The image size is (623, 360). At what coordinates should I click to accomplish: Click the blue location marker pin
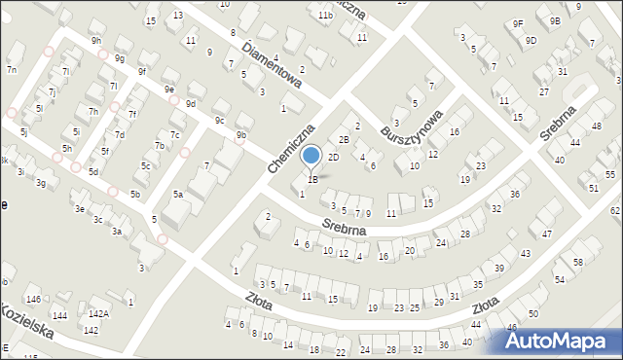pyautogui.click(x=311, y=157)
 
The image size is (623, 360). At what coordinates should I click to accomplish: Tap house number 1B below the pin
pyautogui.click(x=312, y=179)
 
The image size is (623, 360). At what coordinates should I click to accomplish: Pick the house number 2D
pyautogui.click(x=333, y=157)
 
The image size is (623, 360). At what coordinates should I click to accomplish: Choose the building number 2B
pyautogui.click(x=343, y=140)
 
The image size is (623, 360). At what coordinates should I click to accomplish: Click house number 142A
pyautogui.click(x=98, y=314)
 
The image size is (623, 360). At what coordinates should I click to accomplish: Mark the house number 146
pyautogui.click(x=33, y=299)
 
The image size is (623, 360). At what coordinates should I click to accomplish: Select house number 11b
pyautogui.click(x=325, y=16)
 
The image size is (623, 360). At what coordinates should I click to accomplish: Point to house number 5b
pyautogui.click(x=135, y=195)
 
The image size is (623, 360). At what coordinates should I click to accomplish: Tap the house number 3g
pyautogui.click(x=40, y=183)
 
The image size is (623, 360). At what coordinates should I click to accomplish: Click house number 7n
pyautogui.click(x=12, y=69)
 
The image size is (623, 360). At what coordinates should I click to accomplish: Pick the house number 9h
pyautogui.click(x=95, y=41)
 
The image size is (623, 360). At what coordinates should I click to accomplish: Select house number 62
pyautogui.click(x=615, y=210)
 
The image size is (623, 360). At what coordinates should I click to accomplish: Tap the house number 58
pyautogui.click(x=578, y=263)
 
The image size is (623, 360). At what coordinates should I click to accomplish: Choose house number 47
pyautogui.click(x=547, y=234)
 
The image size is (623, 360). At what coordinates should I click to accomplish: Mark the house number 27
pyautogui.click(x=543, y=91)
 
